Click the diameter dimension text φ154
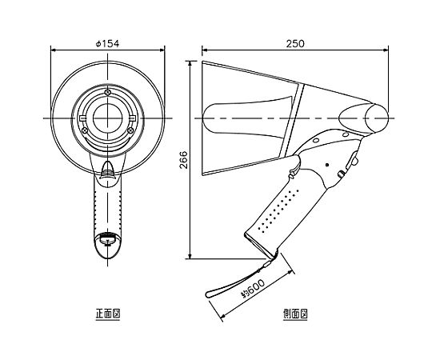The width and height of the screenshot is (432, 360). tap(107, 43)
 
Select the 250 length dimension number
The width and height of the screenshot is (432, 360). tap(295, 43)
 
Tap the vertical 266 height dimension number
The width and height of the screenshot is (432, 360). tap(183, 160)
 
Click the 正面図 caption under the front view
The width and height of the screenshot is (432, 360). tap(108, 314)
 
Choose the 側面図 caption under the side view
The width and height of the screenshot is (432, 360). tap(295, 314)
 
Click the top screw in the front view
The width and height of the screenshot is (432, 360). tap(108, 93)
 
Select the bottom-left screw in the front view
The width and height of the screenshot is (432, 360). tap(85, 130)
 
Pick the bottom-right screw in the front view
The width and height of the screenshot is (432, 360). tap(131, 130)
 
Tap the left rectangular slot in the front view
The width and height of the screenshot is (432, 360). tap(82, 118)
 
